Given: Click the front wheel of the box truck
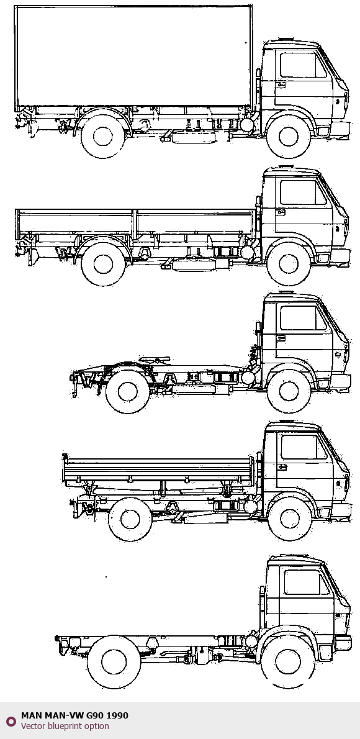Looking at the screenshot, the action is (x=288, y=137).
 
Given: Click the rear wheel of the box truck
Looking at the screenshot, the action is (x=102, y=136).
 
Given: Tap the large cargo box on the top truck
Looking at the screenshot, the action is (x=133, y=56).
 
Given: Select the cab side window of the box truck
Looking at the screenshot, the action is (x=303, y=65).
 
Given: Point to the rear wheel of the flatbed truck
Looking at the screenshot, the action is (x=103, y=264).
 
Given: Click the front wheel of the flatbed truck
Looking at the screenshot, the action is (x=289, y=264).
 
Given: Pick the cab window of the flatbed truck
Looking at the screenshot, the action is (x=303, y=192).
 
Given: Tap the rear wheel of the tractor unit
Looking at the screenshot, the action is (x=128, y=392).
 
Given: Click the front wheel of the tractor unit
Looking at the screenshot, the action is (x=289, y=391).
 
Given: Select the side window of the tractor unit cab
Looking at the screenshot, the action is (x=303, y=318).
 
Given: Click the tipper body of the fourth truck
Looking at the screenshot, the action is (x=158, y=470).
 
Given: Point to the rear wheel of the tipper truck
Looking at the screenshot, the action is (x=130, y=519).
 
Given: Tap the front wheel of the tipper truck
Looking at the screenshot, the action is (x=290, y=519).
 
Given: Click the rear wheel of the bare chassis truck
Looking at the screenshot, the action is (x=114, y=662).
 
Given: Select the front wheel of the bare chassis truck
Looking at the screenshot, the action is (x=288, y=662).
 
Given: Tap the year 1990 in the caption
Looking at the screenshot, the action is (x=117, y=715).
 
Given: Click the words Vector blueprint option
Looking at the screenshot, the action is (x=65, y=727).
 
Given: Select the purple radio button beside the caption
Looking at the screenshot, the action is (x=11, y=721).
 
